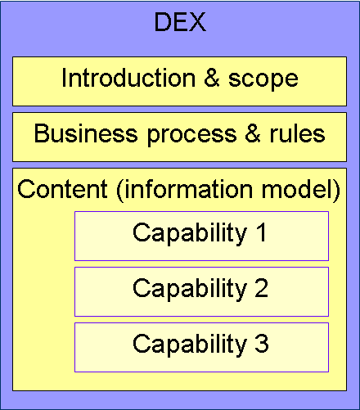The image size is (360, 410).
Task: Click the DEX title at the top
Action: tap(180, 22)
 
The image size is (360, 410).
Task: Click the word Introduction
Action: tap(128, 78)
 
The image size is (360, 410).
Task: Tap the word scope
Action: tap(263, 80)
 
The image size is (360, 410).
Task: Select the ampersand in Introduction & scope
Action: tap(212, 78)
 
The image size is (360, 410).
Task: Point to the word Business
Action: tap(86, 133)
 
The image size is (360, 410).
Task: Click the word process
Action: tap(191, 136)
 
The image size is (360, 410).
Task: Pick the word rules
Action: tap(297, 133)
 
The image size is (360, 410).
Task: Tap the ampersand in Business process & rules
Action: tap(253, 133)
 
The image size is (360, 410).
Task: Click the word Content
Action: tap(62, 189)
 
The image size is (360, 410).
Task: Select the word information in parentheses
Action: tap(188, 189)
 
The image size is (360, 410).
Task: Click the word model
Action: tap(297, 189)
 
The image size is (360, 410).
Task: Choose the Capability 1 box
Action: tap(201, 236)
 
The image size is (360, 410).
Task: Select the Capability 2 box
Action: tap(201, 291)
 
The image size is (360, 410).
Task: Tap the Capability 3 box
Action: tap(201, 347)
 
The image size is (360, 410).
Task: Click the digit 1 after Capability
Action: tap(261, 232)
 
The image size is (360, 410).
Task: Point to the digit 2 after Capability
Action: tap(262, 287)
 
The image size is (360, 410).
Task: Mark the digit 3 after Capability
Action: tap(262, 343)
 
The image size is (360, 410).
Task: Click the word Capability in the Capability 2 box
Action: tap(190, 290)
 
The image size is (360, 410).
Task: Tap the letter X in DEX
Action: tap(196, 22)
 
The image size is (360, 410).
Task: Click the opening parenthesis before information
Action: tap(119, 191)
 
